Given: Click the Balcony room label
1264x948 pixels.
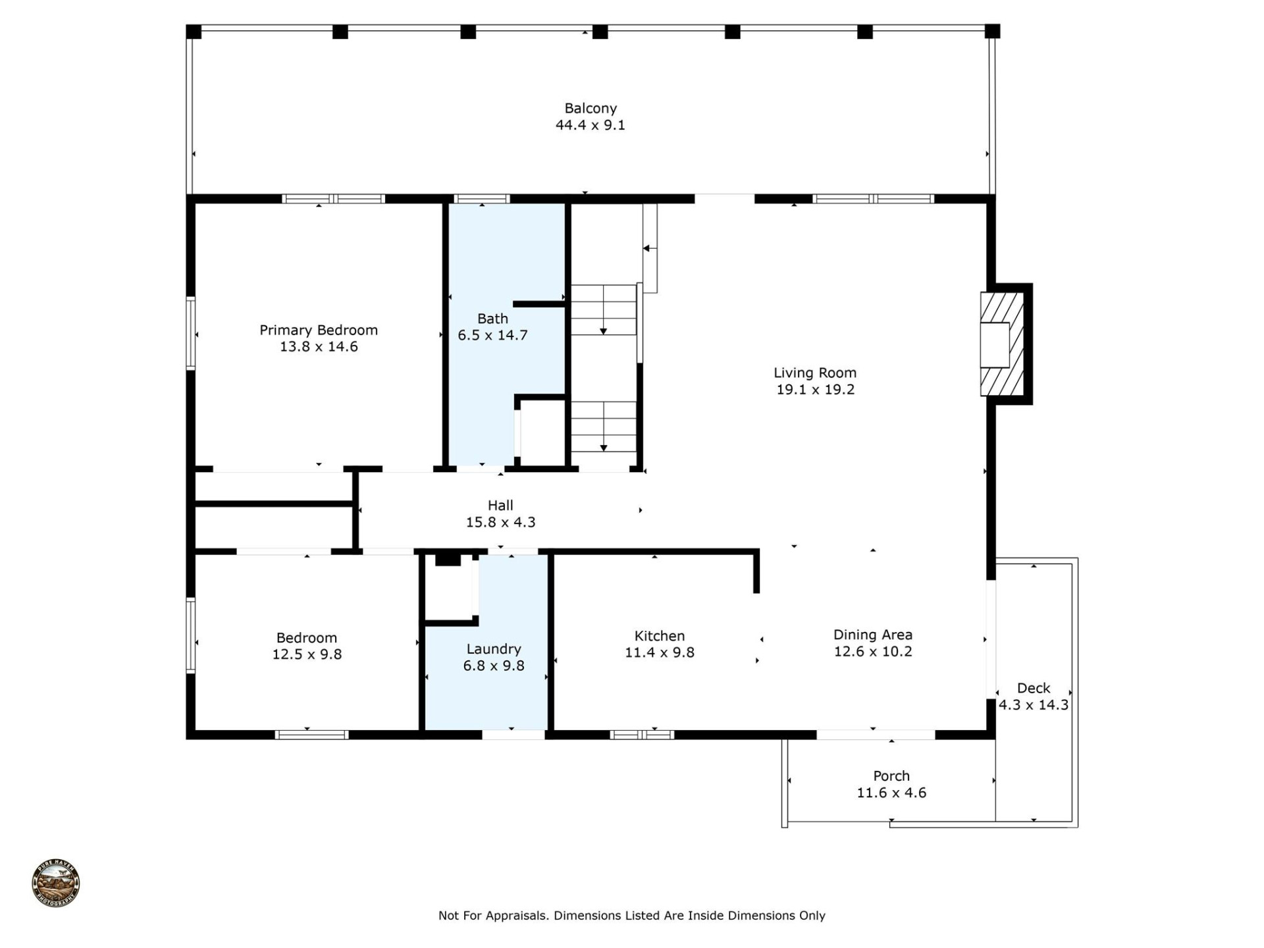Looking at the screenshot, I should [591, 108].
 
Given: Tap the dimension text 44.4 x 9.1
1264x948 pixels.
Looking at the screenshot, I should [591, 125].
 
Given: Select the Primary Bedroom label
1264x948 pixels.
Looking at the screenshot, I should [319, 330].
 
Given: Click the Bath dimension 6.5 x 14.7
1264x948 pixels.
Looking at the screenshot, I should [492, 335].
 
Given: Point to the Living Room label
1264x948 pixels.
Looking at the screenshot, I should [815, 373].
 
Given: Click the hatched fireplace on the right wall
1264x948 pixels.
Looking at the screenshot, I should [1002, 344].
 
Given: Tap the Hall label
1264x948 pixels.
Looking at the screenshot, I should [500, 506].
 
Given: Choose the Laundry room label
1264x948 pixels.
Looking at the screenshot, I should [494, 649].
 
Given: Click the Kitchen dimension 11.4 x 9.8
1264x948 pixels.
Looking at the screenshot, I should [660, 652].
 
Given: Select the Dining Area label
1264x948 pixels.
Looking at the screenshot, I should [873, 635].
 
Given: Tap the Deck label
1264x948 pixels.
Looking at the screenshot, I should [1034, 688].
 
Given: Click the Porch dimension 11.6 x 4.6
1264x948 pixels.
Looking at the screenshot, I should [891, 793].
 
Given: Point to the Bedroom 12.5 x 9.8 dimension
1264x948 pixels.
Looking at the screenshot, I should [307, 654].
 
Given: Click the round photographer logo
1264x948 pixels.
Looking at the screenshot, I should [56, 883].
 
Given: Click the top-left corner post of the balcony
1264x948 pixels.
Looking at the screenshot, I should [194, 32].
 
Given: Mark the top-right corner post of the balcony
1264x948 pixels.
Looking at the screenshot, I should [992, 31].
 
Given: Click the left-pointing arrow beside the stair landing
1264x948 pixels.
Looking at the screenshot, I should [648, 248].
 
